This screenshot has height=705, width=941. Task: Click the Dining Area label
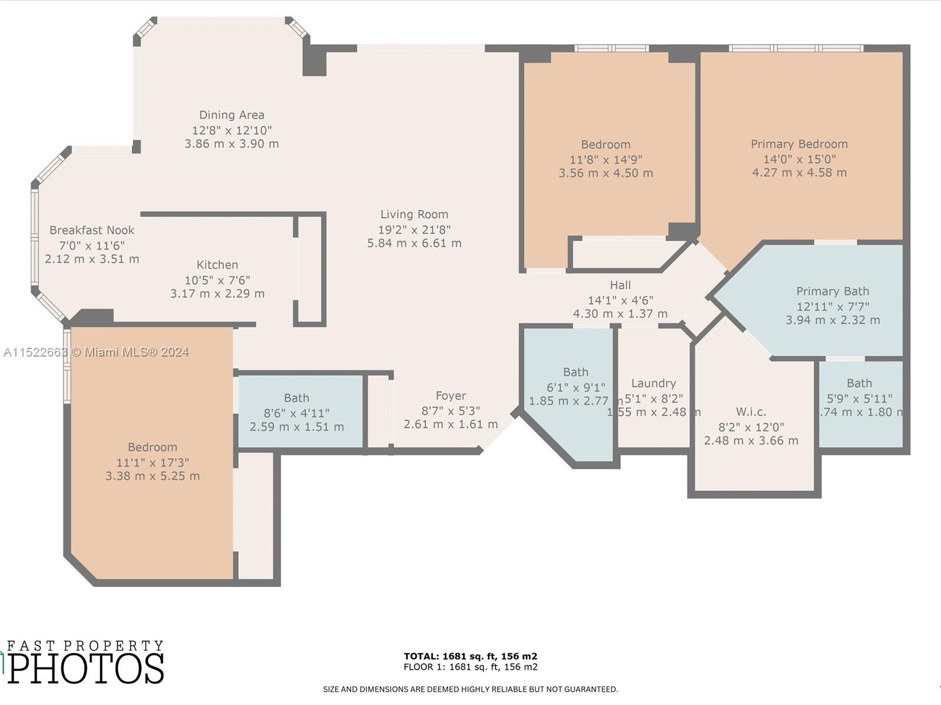231,115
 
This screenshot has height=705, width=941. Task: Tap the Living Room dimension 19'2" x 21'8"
414,230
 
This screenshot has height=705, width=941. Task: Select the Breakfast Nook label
92,230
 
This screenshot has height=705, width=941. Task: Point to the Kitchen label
217,265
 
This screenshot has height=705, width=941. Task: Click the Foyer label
451,396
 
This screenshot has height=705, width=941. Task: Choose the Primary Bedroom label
799,144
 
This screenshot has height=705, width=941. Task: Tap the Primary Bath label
832,291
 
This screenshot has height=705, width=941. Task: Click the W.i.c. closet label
750,412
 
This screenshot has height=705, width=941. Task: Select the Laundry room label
653,383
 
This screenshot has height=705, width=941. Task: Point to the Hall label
620,285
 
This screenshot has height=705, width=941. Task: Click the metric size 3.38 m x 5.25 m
152,476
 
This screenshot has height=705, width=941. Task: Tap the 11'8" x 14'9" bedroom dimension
606,159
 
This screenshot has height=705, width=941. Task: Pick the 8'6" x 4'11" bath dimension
296,413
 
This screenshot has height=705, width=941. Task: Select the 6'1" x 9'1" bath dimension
575,387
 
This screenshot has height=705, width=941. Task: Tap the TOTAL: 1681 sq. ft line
470,656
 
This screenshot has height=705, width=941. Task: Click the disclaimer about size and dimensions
470,689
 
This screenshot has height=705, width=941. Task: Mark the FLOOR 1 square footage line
470,667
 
